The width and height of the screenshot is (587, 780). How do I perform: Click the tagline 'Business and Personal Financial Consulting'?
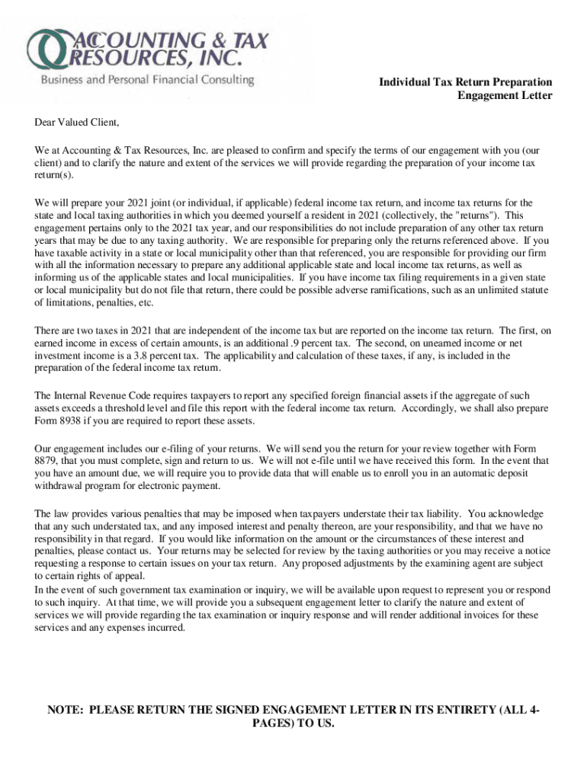point(147,79)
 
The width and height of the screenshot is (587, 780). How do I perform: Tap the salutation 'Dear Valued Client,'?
point(78,123)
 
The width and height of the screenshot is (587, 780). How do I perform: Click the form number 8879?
point(47,461)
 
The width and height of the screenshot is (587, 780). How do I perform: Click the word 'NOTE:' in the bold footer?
point(66,710)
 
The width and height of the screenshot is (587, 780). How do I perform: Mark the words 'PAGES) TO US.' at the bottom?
point(293,724)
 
